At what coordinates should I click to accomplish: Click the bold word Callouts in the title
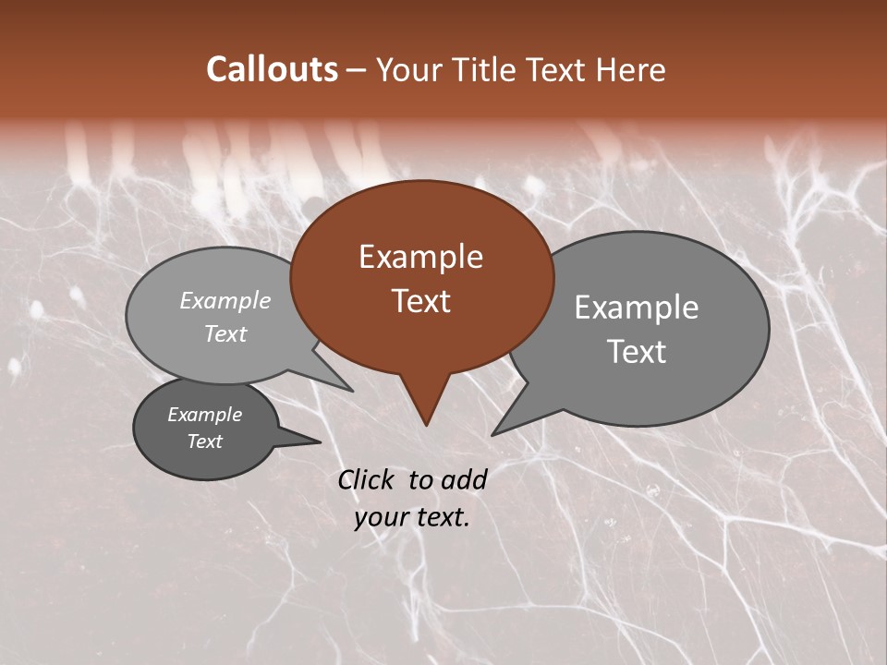click(273, 69)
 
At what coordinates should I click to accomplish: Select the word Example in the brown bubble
click(420, 257)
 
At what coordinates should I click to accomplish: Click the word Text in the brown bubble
click(420, 301)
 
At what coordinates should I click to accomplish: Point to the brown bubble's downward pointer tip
click(426, 424)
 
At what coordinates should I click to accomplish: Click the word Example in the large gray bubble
click(637, 308)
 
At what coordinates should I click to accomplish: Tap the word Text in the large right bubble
click(637, 352)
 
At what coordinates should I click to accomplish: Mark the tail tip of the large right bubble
click(493, 433)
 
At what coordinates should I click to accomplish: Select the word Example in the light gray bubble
click(225, 300)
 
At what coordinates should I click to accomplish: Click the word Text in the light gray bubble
click(225, 333)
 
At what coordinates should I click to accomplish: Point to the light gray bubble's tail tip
click(351, 390)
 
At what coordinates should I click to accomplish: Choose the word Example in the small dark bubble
click(205, 415)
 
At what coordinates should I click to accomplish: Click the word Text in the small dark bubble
click(205, 441)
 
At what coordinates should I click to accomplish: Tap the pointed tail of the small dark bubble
click(320, 441)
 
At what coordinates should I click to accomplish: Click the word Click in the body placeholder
click(368, 479)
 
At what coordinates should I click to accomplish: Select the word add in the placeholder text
click(465, 479)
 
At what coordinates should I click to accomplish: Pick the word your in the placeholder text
click(382, 517)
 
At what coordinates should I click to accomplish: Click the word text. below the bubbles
click(443, 517)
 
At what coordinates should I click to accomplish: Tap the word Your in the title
click(409, 69)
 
